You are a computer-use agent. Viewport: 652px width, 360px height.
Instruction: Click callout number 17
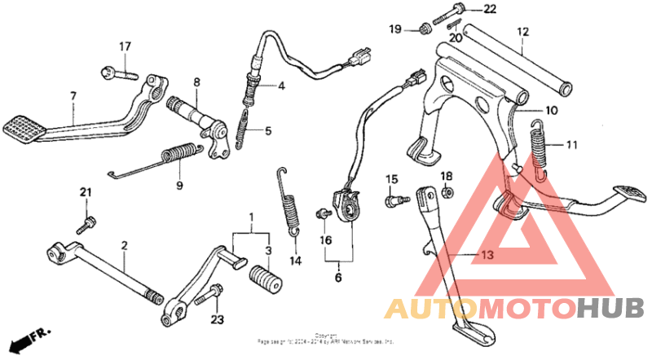point(126,46)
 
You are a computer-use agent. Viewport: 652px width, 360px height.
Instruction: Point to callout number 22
point(489,10)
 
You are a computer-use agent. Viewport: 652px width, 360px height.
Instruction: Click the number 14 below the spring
point(294,261)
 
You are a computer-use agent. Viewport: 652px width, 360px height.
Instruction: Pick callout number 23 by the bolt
point(216,319)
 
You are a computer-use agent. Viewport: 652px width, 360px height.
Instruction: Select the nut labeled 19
point(424,31)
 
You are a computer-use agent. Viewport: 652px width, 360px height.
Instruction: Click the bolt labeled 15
point(394,198)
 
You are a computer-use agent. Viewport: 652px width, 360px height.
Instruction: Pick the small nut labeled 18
point(447,193)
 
